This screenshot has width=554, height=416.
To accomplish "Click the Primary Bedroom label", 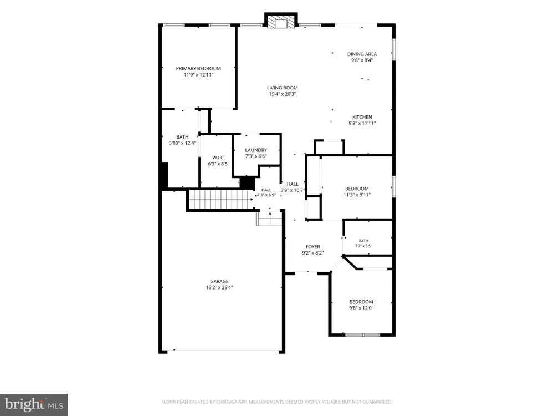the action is pyautogui.click(x=198, y=68).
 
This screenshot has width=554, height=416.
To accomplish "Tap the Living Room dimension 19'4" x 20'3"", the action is pyautogui.click(x=283, y=94).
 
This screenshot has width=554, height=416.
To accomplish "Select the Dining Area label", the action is pyautogui.click(x=362, y=54).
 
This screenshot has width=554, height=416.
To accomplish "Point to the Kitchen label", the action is pyautogui.click(x=362, y=117).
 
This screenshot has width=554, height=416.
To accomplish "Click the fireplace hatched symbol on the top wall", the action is pyautogui.click(x=281, y=21).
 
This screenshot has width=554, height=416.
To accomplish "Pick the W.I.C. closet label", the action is pyautogui.click(x=218, y=158).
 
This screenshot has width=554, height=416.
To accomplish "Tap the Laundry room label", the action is pyautogui.click(x=256, y=150).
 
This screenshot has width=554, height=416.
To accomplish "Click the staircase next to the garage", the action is pyautogui.click(x=222, y=200).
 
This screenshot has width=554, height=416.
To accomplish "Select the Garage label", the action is pyautogui.click(x=219, y=281).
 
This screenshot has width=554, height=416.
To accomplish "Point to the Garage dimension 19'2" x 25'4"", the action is pyautogui.click(x=219, y=287).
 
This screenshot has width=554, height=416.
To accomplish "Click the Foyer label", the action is pyautogui.click(x=312, y=247).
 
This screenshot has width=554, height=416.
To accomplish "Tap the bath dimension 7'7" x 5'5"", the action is pyautogui.click(x=363, y=246).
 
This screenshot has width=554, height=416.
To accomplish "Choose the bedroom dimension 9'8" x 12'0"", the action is pyautogui.click(x=361, y=308).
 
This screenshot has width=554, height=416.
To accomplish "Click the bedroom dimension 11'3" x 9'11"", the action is pyautogui.click(x=357, y=195).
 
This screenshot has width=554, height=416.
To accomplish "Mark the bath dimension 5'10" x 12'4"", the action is pyautogui.click(x=182, y=143).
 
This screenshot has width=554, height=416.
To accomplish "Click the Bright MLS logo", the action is pyautogui.click(x=34, y=405).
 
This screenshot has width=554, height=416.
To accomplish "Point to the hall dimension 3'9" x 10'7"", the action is pyautogui.click(x=293, y=190).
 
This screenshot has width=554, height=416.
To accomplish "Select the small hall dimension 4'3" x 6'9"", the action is pyautogui.click(x=266, y=195).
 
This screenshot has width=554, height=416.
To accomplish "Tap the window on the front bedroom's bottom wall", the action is pyautogui.click(x=362, y=334).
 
